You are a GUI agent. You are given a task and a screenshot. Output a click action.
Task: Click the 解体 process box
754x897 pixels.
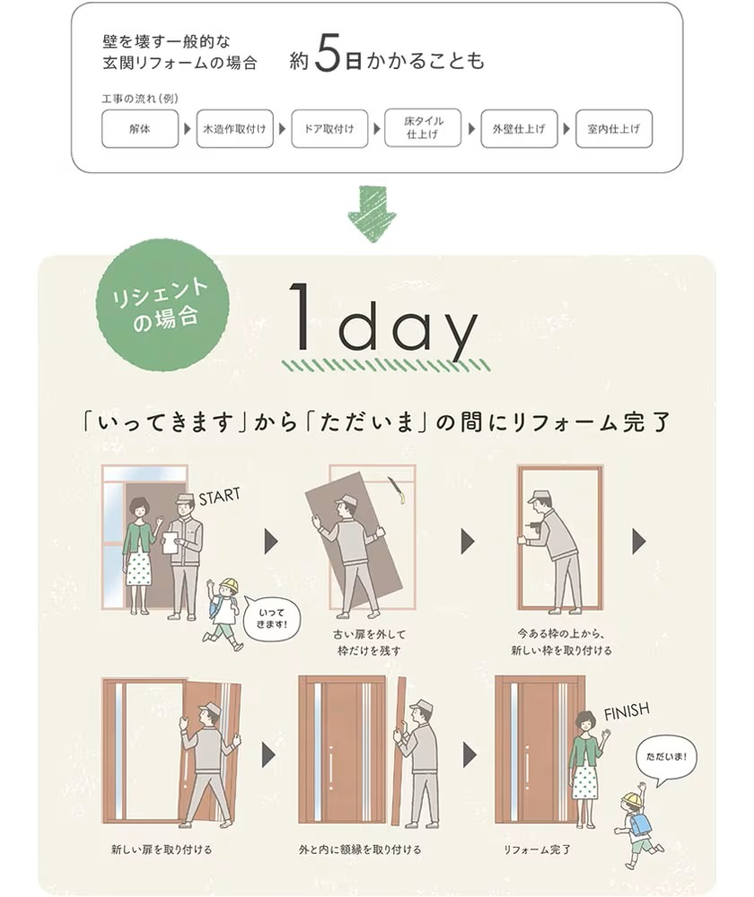point(140,129)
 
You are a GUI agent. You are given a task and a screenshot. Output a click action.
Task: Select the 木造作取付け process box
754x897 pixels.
point(234,129)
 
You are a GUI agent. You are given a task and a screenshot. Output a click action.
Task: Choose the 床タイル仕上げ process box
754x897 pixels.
point(422,128)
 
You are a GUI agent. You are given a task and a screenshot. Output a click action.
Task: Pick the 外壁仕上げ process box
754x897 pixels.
point(519,129)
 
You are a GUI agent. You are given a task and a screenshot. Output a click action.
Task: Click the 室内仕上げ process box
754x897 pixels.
point(614,129)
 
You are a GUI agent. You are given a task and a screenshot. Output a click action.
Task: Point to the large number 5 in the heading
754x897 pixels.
point(329,58)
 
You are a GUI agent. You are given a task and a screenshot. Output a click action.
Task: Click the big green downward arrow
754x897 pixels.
point(372,213)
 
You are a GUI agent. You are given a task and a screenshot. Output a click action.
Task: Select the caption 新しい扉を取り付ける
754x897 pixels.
point(162,848)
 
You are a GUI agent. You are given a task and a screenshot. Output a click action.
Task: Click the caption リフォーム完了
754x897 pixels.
point(537,848)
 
